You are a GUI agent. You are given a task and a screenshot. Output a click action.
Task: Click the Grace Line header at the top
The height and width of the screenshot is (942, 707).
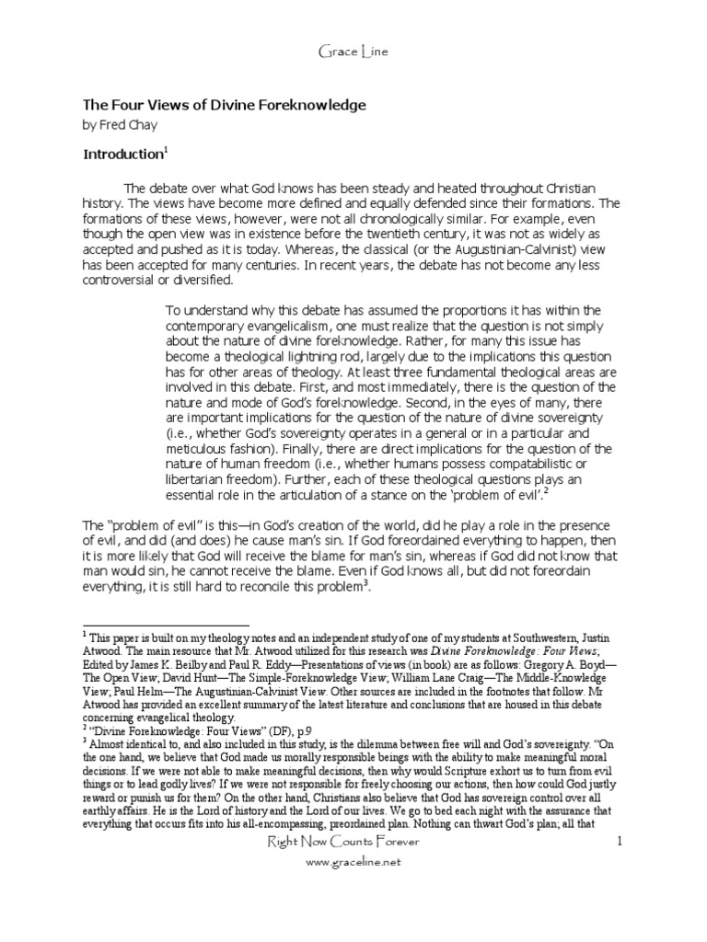353,52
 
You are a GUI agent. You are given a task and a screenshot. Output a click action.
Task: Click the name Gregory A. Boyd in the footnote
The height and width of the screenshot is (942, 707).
578,669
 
